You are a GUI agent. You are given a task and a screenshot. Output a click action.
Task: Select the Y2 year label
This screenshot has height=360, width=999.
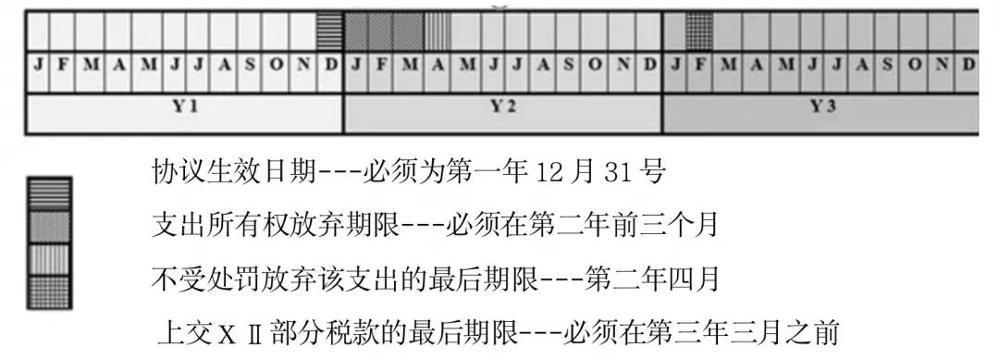[502, 106]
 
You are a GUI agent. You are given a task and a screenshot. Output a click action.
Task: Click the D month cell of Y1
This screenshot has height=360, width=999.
[331, 65]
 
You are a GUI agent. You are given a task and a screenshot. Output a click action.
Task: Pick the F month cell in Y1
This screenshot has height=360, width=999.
[64, 65]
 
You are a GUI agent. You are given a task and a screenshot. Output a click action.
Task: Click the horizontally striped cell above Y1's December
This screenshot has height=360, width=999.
[330, 31]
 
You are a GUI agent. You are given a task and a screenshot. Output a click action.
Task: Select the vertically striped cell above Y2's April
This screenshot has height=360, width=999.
[437, 31]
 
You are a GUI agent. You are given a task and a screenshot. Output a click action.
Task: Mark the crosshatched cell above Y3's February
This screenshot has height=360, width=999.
[700, 31]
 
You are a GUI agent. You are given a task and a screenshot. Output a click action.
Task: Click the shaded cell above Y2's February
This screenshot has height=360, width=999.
[383, 31]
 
